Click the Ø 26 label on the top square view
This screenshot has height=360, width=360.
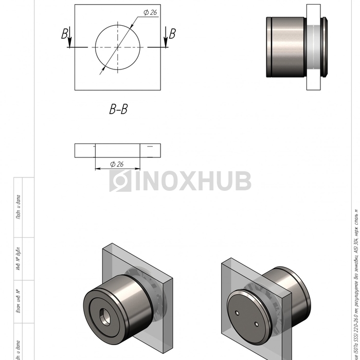150,12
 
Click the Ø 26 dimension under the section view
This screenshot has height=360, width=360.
117,164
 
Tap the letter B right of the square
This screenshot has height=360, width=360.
172,34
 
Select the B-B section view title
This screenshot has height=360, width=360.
118,109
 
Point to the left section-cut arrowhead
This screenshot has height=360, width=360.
69,45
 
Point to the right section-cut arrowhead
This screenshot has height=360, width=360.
166,45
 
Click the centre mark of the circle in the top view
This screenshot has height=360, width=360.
118,47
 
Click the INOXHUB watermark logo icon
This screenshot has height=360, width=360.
120,181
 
